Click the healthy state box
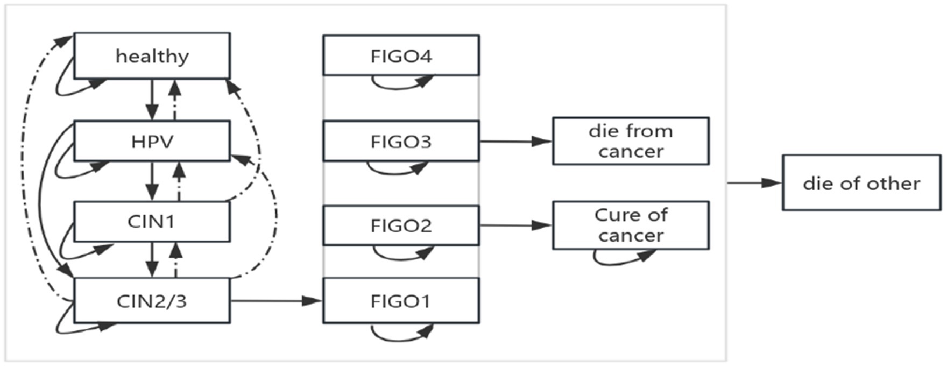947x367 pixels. (152, 56)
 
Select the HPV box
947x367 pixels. (152, 142)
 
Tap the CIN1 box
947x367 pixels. (152, 222)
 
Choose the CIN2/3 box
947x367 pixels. (152, 301)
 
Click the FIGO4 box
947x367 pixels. (401, 56)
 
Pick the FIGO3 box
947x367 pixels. (401, 142)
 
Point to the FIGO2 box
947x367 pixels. (401, 225)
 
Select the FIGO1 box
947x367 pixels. (401, 301)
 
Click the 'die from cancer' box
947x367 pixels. (631, 141)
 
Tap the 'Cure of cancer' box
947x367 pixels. (631, 225)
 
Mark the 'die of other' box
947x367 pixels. (861, 183)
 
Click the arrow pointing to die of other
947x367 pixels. (753, 183)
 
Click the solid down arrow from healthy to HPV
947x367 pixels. (152, 100)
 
